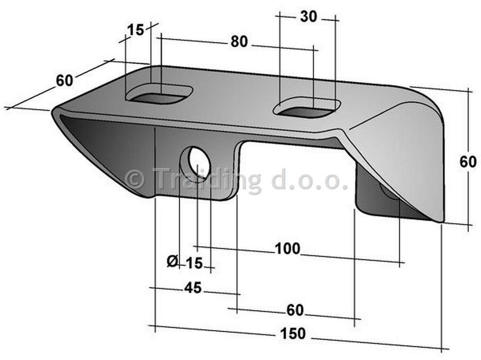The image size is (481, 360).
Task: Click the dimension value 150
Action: tap(293, 333)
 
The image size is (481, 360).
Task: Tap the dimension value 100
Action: tap(288, 248)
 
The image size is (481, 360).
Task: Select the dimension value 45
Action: tap(193, 288)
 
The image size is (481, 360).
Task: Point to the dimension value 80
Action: tap(239, 41)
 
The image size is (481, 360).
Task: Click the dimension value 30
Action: tap(308, 16)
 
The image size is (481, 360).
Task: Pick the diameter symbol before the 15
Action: tap(172, 261)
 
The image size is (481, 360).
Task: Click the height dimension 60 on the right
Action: tap(468, 162)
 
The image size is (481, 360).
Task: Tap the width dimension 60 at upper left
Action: tap(65, 81)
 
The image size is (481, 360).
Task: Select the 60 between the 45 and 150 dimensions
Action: tap(295, 311)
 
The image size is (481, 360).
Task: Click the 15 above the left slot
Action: tap(136, 30)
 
